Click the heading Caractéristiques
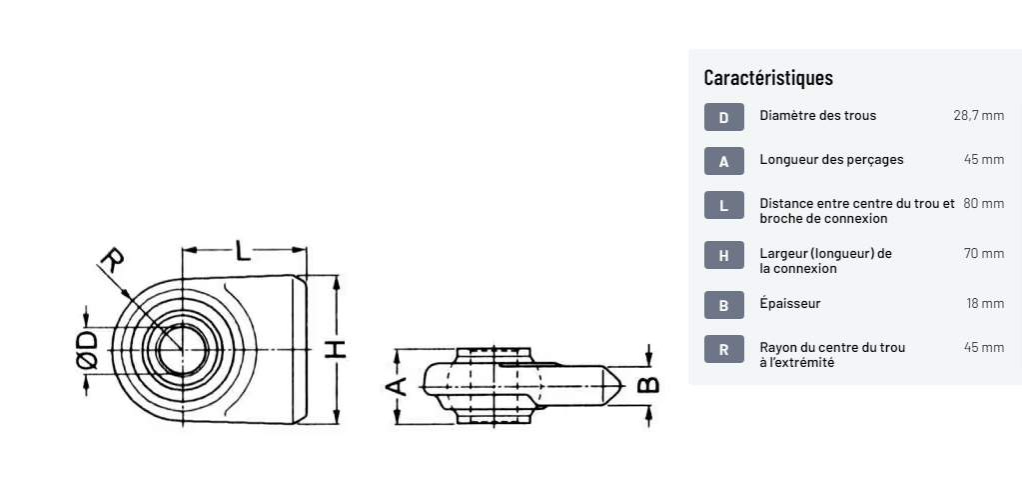(768, 77)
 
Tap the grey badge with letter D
(723, 117)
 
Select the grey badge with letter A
(723, 161)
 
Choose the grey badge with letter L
(723, 205)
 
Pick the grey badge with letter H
(723, 255)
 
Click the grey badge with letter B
(723, 305)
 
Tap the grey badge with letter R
(723, 349)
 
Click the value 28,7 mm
(978, 115)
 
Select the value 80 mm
(984, 203)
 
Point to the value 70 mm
(984, 253)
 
